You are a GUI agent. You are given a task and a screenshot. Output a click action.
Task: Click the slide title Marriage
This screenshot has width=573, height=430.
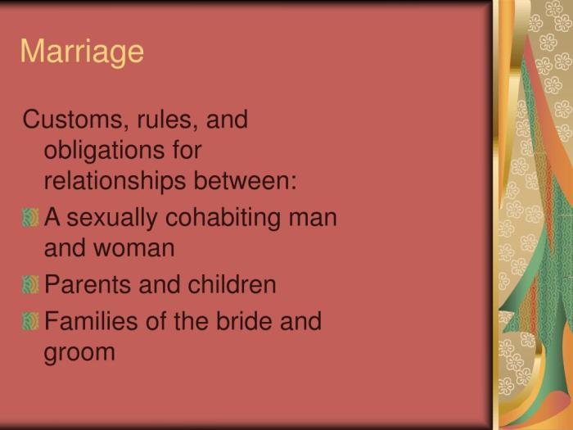(82, 52)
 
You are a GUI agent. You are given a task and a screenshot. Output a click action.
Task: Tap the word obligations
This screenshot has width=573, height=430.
(106, 152)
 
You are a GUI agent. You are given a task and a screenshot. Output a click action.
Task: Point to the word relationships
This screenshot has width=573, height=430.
(114, 181)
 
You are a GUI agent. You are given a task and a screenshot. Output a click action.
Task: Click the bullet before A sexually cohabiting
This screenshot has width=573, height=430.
(31, 218)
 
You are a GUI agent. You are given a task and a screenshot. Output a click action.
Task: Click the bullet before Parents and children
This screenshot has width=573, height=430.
(31, 285)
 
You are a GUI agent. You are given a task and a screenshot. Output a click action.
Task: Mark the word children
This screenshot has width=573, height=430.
(232, 285)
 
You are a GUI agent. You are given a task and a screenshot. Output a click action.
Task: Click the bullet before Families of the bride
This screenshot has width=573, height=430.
(31, 321)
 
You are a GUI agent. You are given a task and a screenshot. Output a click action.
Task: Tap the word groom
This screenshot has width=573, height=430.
(79, 352)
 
